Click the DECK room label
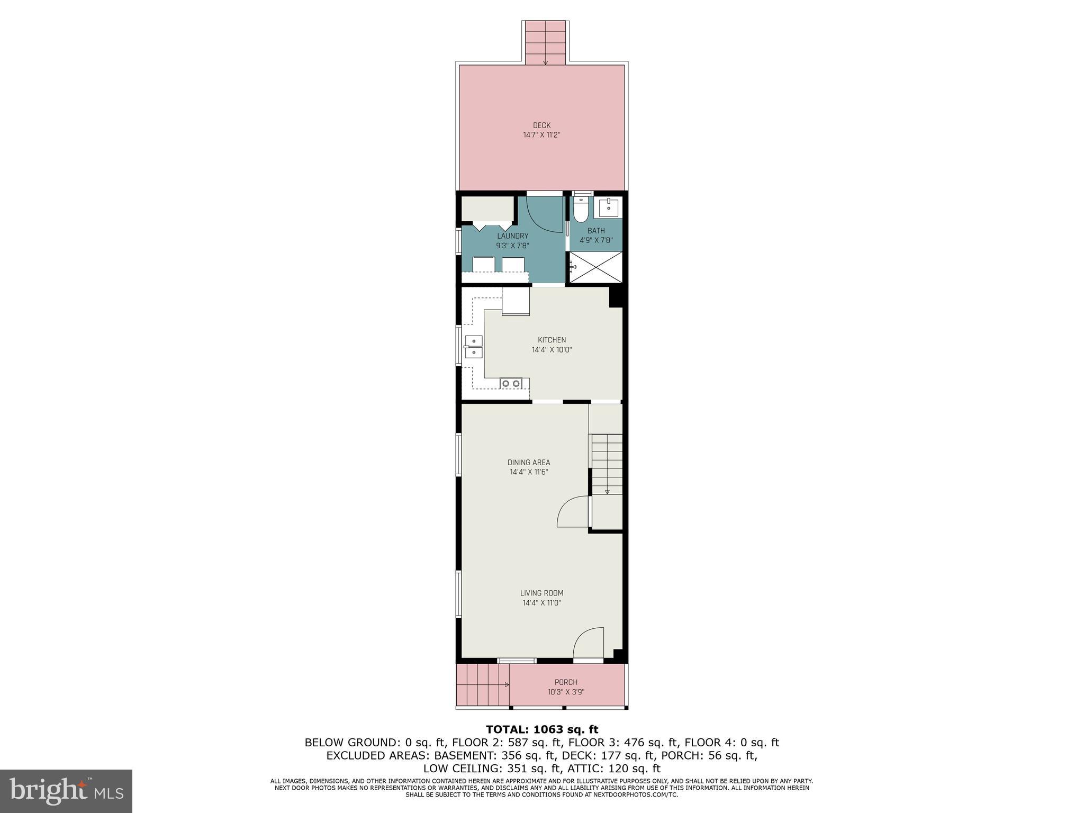(x=541, y=125)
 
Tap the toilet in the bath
(x=581, y=212)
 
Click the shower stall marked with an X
(x=595, y=267)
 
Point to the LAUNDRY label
(x=512, y=236)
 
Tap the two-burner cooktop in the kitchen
(x=511, y=383)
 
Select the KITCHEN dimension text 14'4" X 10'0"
(x=552, y=350)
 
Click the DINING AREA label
(x=529, y=462)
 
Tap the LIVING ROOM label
(x=541, y=593)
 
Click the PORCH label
(x=566, y=682)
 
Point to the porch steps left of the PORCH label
(x=482, y=684)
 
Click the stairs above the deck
(x=546, y=43)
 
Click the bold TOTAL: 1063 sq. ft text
(x=541, y=729)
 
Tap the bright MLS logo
(x=66, y=791)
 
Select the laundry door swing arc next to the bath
(x=545, y=214)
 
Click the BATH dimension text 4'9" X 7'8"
(x=596, y=240)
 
